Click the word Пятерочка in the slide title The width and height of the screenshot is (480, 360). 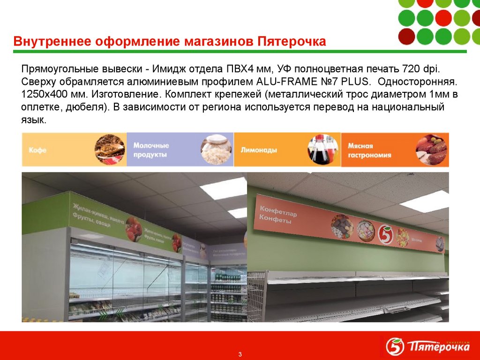point(292,41)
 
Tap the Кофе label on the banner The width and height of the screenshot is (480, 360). point(37,151)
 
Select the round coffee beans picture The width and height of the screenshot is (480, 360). point(110,150)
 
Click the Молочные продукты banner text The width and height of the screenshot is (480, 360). point(151,150)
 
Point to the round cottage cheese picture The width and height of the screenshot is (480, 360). point(216,150)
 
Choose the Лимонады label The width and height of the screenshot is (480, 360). point(259,151)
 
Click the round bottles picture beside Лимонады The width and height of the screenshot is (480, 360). point(323,150)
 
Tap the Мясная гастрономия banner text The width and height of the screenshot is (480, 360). point(369,150)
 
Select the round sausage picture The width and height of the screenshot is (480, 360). point(431,150)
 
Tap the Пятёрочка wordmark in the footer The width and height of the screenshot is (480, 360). point(439,348)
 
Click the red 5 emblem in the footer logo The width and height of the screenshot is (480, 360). point(395,347)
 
